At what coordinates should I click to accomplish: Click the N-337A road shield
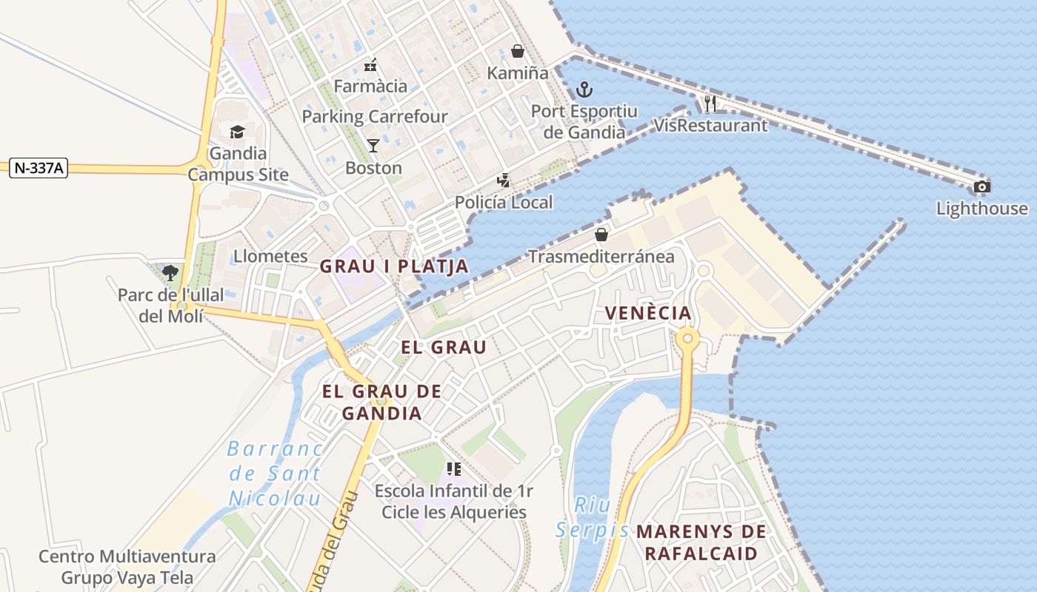tap(39, 169)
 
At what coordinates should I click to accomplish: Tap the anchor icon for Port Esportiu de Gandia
tap(584, 90)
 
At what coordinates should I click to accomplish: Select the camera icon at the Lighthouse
tap(981, 186)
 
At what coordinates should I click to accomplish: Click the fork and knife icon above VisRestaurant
tap(710, 103)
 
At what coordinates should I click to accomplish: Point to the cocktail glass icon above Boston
tap(373, 145)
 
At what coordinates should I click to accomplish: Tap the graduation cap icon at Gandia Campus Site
tap(237, 132)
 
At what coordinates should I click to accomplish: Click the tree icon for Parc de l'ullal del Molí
tap(170, 272)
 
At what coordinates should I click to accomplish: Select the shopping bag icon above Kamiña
tap(518, 51)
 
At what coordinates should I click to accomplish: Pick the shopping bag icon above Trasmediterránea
tap(601, 235)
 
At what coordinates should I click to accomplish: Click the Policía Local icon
tap(504, 180)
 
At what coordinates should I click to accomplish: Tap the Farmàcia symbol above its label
tap(370, 65)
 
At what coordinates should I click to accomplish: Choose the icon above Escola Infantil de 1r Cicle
tap(454, 468)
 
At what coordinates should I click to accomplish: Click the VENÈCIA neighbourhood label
tap(648, 313)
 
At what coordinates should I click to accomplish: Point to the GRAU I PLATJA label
tap(394, 266)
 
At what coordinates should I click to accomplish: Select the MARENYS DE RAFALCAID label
tap(701, 542)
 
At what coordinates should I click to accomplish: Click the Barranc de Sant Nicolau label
tap(275, 474)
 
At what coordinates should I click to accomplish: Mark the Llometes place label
tap(270, 256)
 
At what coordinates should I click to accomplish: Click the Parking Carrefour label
tap(375, 116)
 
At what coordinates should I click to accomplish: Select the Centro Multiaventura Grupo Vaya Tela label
tap(127, 567)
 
